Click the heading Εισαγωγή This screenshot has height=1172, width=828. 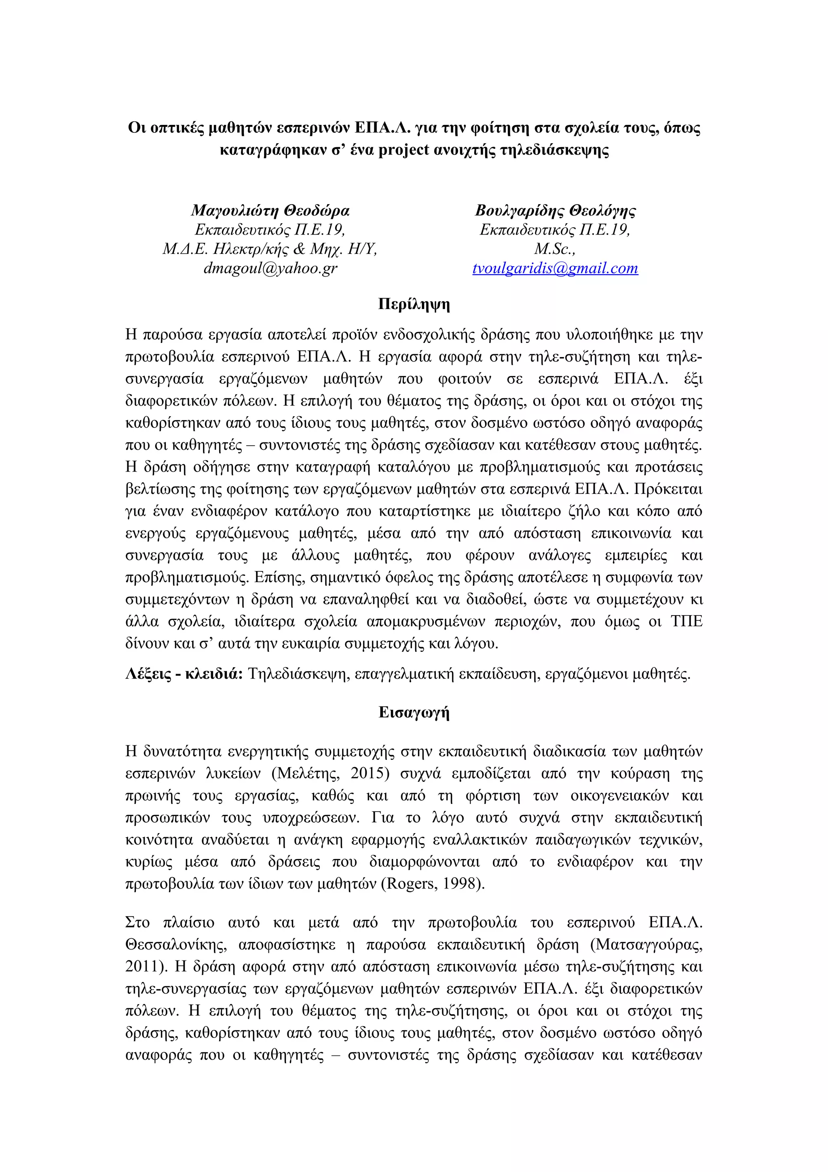point(414,712)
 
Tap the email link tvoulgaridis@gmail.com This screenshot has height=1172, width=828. point(555,268)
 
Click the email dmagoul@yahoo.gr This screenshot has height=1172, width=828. point(270,268)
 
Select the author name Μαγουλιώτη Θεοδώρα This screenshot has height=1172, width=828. point(270,210)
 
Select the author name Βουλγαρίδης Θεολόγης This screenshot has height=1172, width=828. point(555,210)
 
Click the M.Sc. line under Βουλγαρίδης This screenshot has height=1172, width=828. point(555,249)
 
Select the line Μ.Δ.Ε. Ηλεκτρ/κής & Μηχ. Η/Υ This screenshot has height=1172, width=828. point(270,249)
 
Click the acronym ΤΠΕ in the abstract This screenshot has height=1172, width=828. point(686,621)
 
